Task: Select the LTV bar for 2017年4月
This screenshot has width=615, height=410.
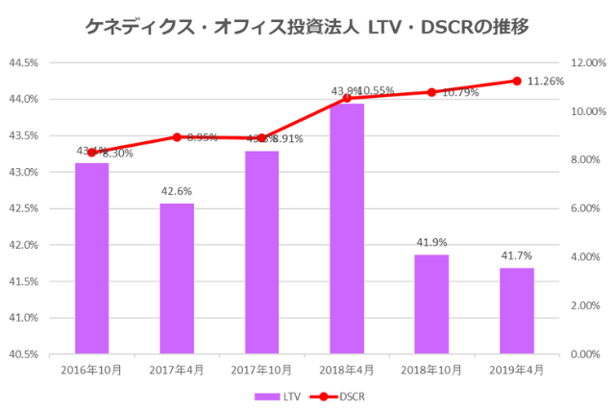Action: pyautogui.click(x=176, y=278)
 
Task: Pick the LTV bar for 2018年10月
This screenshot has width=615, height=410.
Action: pyautogui.click(x=431, y=303)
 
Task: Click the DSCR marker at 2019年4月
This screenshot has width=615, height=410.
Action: pyautogui.click(x=516, y=81)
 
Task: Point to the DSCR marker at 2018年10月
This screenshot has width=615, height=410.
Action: pyautogui.click(x=431, y=92)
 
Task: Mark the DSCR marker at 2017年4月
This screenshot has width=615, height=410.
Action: pyautogui.click(x=176, y=136)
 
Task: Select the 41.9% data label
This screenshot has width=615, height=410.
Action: pyautogui.click(x=431, y=243)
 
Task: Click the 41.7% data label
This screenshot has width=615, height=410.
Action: pyautogui.click(x=516, y=256)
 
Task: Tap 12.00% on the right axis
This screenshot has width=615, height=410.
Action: pyautogui.click(x=589, y=63)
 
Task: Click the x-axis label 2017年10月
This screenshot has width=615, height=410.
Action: pyautogui.click(x=261, y=370)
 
